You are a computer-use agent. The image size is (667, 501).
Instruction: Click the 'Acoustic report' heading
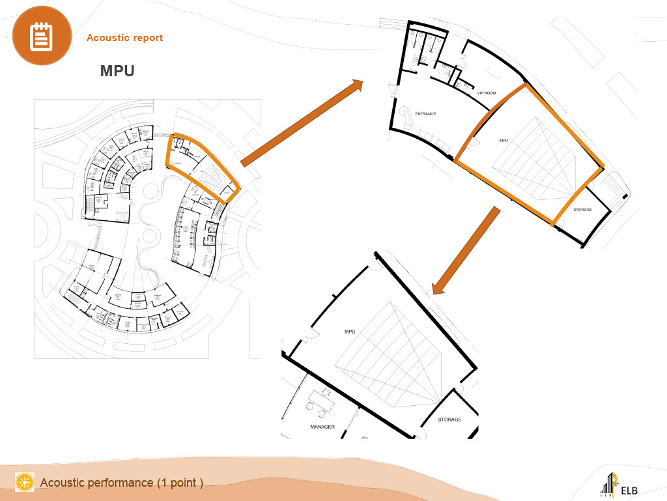[124, 38]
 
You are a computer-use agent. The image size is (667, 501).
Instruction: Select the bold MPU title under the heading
[117, 71]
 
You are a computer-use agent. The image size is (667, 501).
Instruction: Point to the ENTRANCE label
[425, 114]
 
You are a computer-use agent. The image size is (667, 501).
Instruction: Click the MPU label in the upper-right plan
[503, 140]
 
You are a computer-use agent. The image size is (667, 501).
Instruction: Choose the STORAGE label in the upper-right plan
[582, 210]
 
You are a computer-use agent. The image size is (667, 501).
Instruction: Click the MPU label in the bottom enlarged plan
[350, 332]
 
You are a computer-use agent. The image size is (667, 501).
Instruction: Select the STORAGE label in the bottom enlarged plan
[449, 420]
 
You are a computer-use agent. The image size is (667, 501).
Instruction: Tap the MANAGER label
[322, 427]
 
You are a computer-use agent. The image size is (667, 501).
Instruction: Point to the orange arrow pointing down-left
[466, 250]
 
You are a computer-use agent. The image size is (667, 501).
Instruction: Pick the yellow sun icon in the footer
[25, 482]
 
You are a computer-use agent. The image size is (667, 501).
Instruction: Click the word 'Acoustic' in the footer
[62, 483]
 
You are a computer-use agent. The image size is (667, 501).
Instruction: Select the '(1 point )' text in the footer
[180, 483]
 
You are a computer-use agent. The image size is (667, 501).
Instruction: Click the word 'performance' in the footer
[121, 483]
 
